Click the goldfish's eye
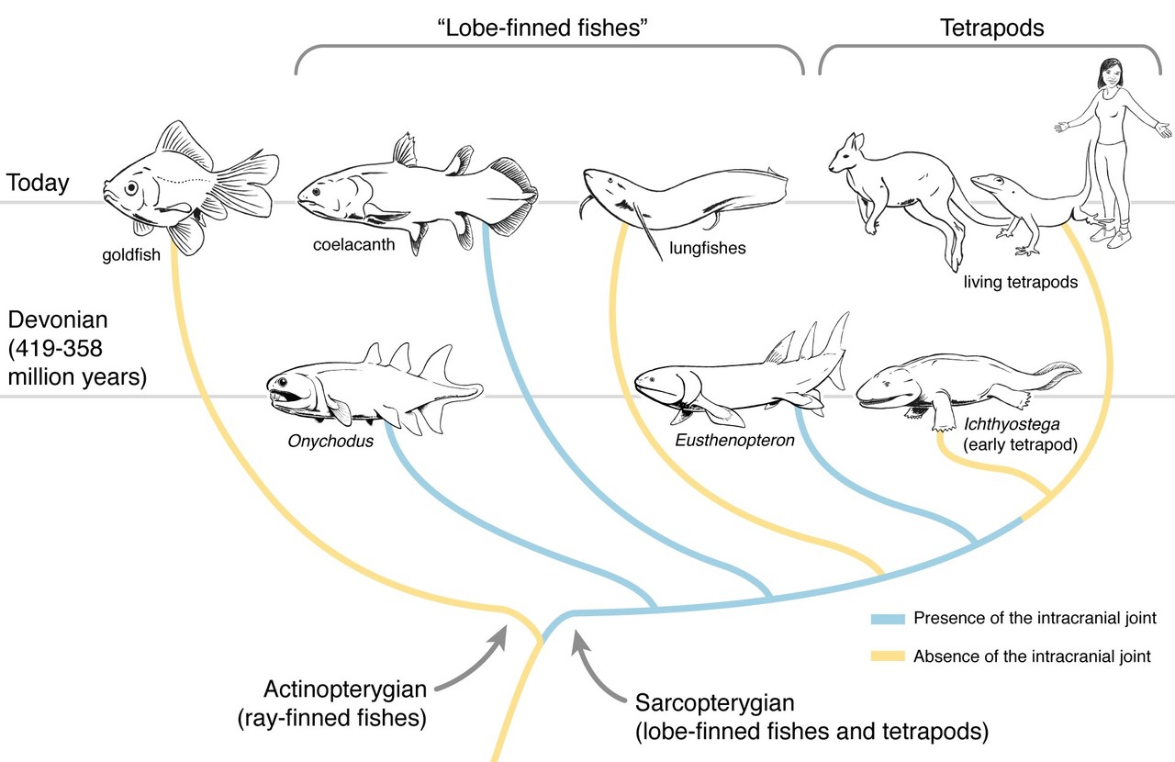coord(131,187)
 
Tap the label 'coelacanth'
coord(353,244)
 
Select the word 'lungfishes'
coord(707,248)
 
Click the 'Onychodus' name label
coord(330,441)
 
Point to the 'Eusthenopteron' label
coord(734,440)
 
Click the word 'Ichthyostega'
coord(1012,424)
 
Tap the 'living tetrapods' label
coord(1020,283)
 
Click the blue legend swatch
coord(888,619)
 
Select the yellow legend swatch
coord(888,656)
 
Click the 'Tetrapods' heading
coord(992,28)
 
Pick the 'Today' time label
coord(38,183)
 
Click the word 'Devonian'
coord(58,319)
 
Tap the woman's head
coord(1110,73)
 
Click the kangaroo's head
coord(845,152)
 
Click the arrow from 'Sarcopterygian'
coord(593,673)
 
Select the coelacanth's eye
coord(316,192)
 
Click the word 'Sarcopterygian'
coord(714,702)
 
